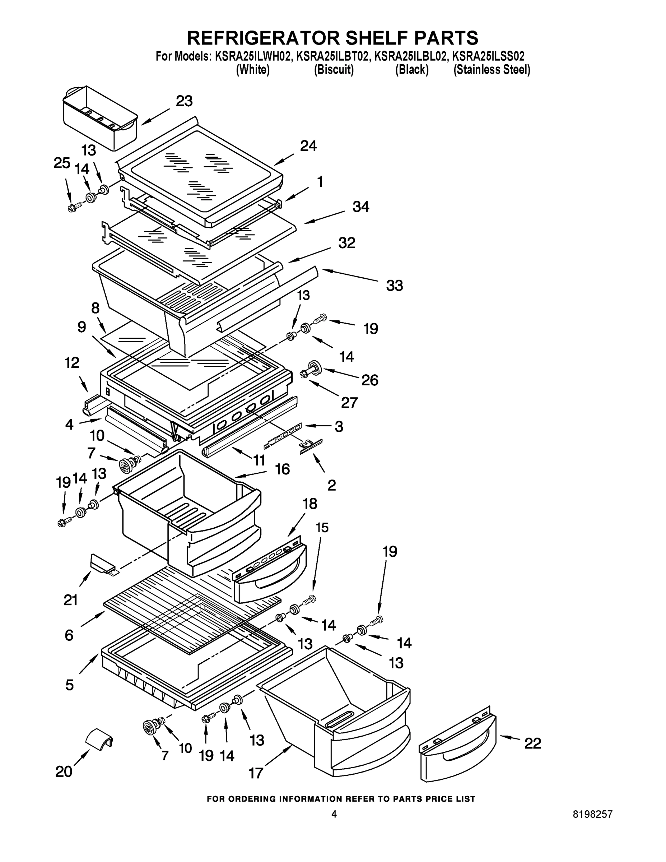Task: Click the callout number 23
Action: tap(184, 101)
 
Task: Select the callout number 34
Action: tap(360, 207)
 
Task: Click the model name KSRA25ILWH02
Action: tap(253, 56)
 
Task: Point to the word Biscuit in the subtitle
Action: tap(334, 70)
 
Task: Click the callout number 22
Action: tap(532, 743)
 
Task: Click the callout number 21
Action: tap(71, 600)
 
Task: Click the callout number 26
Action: tap(370, 380)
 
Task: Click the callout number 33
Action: tap(394, 286)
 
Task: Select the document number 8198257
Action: tap(593, 825)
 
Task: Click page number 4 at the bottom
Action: tap(334, 825)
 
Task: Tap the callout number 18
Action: tap(310, 504)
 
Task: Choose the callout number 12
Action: tap(72, 362)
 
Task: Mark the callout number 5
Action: tap(69, 685)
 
